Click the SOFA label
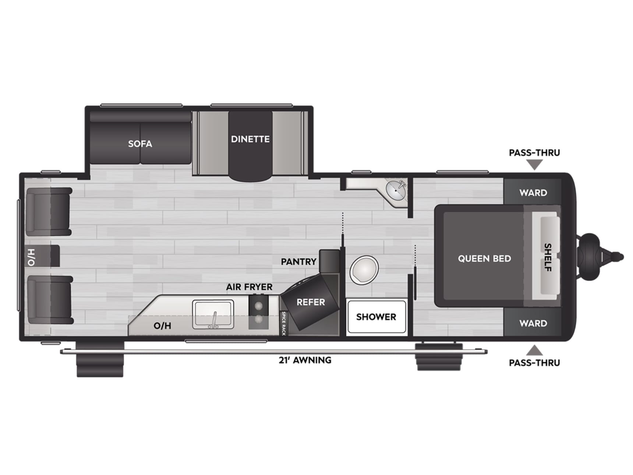(140, 144)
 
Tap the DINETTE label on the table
(250, 139)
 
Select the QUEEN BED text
(484, 258)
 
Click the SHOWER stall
(376, 317)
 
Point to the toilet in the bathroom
(364, 270)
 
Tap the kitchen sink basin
(213, 314)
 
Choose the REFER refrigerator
(310, 302)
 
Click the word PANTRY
(298, 262)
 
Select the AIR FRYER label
(249, 287)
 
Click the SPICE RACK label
(283, 323)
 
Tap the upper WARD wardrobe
(533, 192)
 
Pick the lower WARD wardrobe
(533, 323)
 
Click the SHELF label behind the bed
(548, 257)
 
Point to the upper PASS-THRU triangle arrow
(534, 165)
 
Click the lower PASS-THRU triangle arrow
(534, 351)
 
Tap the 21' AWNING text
(305, 360)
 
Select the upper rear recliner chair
(49, 211)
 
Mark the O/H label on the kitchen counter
(162, 326)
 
